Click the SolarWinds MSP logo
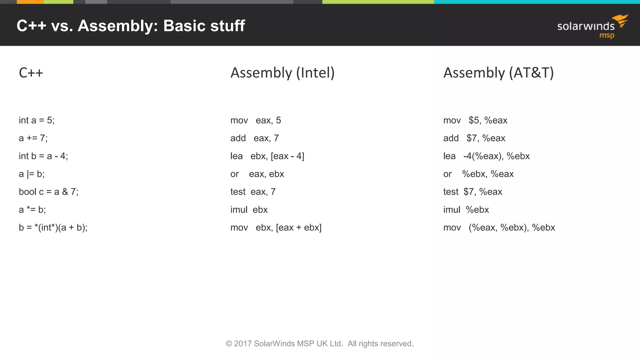pos(592,27)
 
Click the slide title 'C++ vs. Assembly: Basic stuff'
pos(131,26)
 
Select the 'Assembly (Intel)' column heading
pos(282,73)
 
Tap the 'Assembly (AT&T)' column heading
pos(498,73)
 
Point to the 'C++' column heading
pos(31,73)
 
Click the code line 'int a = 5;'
pos(37,120)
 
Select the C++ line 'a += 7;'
pos(33,138)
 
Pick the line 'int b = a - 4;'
pos(43,156)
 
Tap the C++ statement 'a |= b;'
pos(32,174)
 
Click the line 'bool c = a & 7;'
pos(48,192)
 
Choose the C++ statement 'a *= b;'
pos(32,210)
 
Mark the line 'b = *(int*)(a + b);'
pos(53,227)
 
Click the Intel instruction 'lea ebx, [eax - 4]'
pos(267,156)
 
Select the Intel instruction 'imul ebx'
pos(249,210)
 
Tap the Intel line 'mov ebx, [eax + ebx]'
pos(276,227)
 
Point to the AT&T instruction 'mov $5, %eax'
pos(475,120)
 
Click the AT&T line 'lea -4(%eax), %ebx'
pos(487,156)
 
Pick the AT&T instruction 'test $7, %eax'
pos(473,192)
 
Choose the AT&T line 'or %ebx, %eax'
pos(478,174)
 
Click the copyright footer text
pos(320,344)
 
